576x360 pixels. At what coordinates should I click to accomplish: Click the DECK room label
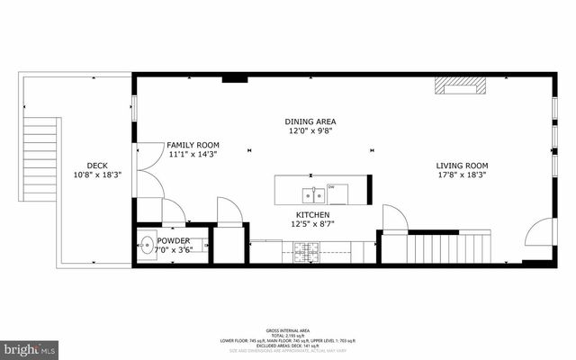(x=97, y=165)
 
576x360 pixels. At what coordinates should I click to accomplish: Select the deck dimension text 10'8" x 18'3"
(x=97, y=175)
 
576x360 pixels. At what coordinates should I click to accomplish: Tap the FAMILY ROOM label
(x=193, y=145)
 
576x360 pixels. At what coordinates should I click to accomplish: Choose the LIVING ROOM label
(x=462, y=166)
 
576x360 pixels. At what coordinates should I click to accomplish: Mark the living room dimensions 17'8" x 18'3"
(x=462, y=175)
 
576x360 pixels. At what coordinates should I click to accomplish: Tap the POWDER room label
(x=174, y=240)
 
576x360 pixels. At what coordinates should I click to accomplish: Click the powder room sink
(x=147, y=247)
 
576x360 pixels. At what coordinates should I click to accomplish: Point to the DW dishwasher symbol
(x=331, y=187)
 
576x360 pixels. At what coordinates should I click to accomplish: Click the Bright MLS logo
(x=28, y=347)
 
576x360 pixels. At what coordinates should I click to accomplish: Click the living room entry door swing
(x=538, y=234)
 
